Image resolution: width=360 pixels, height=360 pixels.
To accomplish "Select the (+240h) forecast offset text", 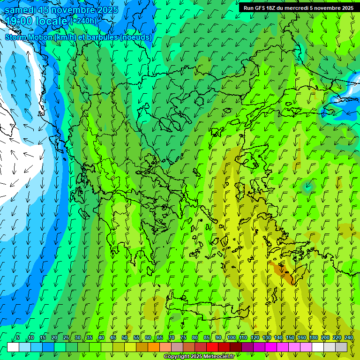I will pos(83,21).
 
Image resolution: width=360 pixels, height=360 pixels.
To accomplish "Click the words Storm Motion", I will pos(29,37).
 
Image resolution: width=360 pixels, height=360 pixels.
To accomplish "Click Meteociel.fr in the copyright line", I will pos(222,357).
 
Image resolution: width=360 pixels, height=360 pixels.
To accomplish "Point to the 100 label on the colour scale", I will pos(232,337).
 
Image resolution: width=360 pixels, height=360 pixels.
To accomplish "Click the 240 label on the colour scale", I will pos(348,337).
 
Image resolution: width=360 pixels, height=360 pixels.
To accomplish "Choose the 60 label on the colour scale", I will pos(148,337).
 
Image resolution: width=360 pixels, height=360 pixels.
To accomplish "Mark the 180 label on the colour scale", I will pos(313,337).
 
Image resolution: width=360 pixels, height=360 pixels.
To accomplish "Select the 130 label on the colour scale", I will pos(267,337).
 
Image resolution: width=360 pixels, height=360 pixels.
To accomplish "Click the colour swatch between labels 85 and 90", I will pos(212,347).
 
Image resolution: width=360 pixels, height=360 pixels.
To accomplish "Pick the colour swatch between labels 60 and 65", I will pos(154,347).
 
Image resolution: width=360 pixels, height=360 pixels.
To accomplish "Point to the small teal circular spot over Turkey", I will pos(307,187).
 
